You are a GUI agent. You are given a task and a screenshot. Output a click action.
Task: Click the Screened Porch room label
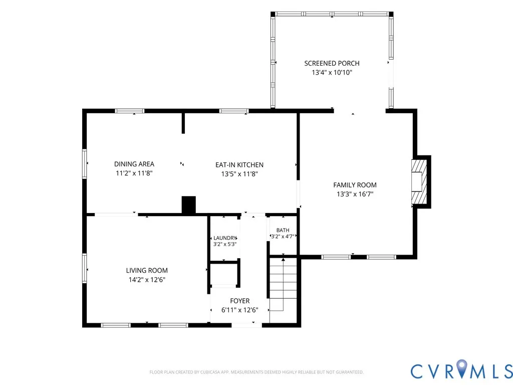coord(332,63)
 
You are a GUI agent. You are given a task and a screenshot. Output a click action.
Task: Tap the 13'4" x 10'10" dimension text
coord(332,72)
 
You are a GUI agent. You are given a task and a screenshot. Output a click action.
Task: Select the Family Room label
coord(355,185)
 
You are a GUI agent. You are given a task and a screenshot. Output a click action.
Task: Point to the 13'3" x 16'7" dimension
coord(355,194)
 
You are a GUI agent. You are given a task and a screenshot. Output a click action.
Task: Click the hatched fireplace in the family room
coord(419,181)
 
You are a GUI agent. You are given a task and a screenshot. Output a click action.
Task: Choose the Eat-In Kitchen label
coord(239,164)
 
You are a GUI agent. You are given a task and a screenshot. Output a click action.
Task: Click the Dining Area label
coord(134,164)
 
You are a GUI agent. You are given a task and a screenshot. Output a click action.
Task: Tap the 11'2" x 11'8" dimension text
coord(134,173)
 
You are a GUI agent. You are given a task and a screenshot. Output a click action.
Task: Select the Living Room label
coord(147,270)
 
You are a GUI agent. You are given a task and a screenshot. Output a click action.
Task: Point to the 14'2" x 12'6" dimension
coord(147,280)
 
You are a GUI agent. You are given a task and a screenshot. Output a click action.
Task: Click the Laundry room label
coord(225,238)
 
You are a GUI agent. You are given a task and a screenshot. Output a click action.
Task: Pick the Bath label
coord(283,230)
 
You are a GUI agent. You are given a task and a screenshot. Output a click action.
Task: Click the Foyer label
coord(240,301)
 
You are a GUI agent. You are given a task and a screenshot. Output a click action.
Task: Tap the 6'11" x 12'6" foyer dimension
coord(240,310)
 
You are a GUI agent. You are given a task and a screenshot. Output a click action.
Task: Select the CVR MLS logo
coord(461,370)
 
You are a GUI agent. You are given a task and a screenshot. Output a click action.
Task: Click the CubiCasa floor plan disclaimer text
coord(256,372)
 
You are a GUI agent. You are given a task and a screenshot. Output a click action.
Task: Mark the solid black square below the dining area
coord(189,205)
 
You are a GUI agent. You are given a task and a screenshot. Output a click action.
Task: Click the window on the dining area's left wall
coord(84,164)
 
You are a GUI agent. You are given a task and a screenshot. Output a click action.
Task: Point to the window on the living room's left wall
coord(84,268)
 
